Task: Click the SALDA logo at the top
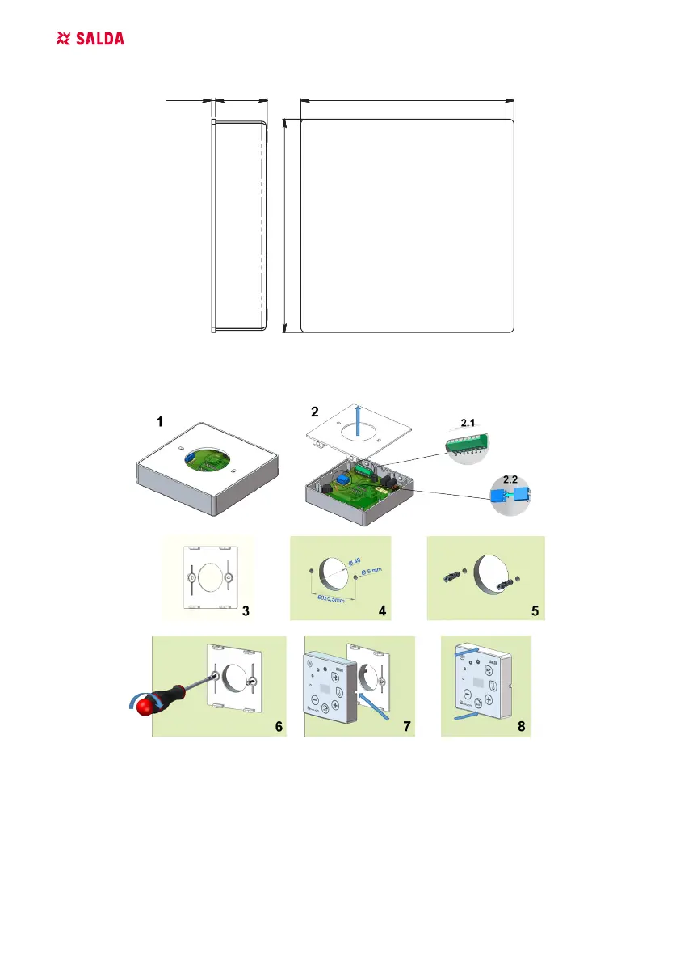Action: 90,39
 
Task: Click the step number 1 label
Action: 160,422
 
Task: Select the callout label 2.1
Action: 468,423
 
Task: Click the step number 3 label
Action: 246,611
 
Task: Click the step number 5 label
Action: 534,611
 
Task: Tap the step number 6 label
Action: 278,727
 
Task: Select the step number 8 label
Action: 522,727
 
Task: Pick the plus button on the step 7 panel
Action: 334,704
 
